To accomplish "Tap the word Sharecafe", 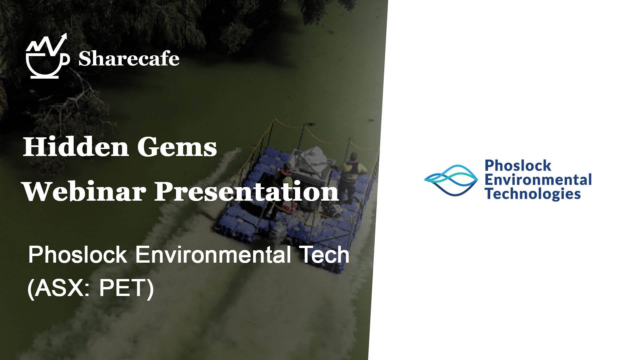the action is [129, 59].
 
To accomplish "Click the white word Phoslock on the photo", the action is [78, 255].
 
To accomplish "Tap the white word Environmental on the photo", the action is [213, 255].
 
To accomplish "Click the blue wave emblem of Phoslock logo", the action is [451, 180].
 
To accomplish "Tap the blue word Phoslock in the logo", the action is [518, 165].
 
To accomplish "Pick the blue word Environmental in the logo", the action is [538, 180].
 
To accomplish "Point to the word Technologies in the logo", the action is [533, 194].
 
